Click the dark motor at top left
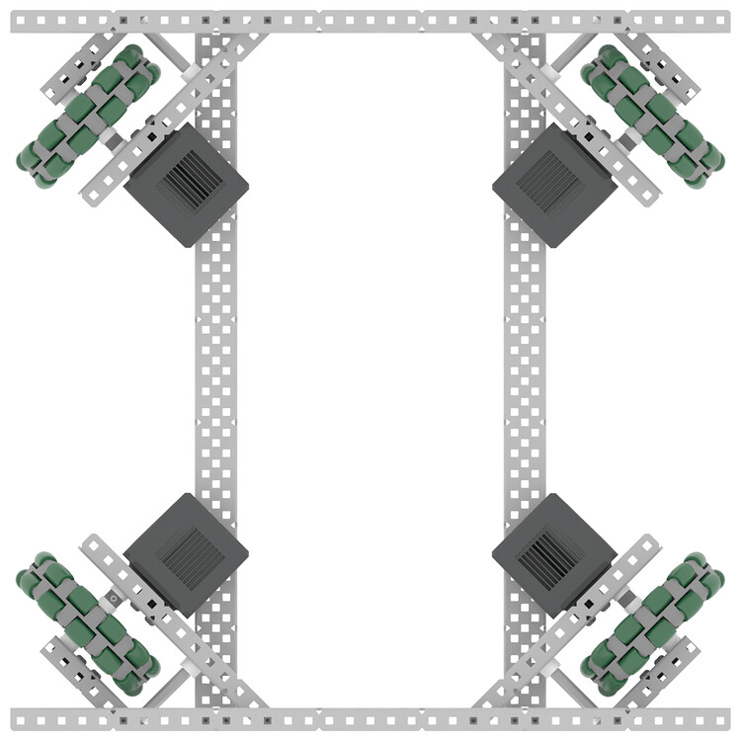pos(186,185)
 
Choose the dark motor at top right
pos(554,185)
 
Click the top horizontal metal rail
pos(370,21)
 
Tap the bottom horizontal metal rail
pos(370,718)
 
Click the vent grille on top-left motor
pos(186,183)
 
